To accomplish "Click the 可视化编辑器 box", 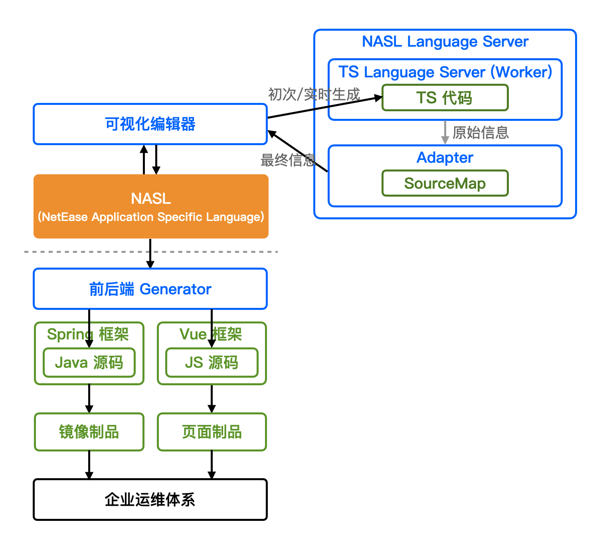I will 150,124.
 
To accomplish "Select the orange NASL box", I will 151,206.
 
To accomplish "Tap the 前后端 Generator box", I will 150,289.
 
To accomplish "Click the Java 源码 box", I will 89,363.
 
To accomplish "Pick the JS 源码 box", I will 212,363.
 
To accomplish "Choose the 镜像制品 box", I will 89,432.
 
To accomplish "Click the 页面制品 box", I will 212,432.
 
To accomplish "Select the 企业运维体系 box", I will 150,499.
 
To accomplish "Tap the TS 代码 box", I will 445,98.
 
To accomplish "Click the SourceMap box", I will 445,183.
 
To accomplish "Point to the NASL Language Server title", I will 445,41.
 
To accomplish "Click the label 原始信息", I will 481,132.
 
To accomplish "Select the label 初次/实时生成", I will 314,95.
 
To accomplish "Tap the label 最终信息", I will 288,160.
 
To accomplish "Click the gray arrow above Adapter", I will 445,132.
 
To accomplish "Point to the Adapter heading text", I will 445,158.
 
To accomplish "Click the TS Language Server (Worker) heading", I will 445,72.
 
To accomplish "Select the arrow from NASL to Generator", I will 150,254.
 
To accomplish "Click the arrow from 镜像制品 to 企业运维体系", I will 89,465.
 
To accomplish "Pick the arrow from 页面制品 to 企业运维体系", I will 212,465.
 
